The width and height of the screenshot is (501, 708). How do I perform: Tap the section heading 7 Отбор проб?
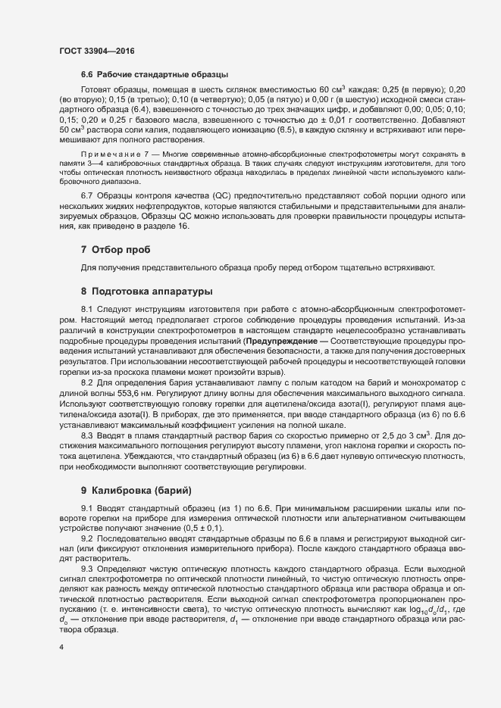coord(116,250)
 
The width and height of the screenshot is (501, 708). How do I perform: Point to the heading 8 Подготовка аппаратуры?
coord(146,291)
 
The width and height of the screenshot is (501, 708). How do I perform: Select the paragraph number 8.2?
coord(86,381)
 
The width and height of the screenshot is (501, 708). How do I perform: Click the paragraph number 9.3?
coord(86,566)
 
